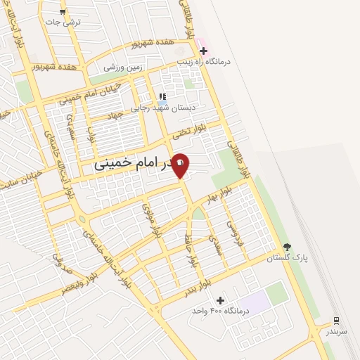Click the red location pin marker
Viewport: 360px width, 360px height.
pos(180,165)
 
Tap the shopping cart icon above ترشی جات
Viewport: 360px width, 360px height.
pos(63,12)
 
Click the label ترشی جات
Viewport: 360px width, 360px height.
pos(63,22)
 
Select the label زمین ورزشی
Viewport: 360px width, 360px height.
pos(123,67)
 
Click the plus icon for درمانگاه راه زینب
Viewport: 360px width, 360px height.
pos(203,51)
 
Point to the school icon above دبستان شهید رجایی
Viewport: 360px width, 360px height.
pos(162,97)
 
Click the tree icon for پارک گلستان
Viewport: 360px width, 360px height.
pos(287,247)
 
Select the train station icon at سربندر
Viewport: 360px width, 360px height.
pos(336,320)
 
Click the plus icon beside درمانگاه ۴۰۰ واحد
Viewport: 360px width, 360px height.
pos(221,300)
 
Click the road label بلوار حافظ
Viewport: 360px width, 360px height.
pos(190,250)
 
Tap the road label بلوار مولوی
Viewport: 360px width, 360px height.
pos(153,218)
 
